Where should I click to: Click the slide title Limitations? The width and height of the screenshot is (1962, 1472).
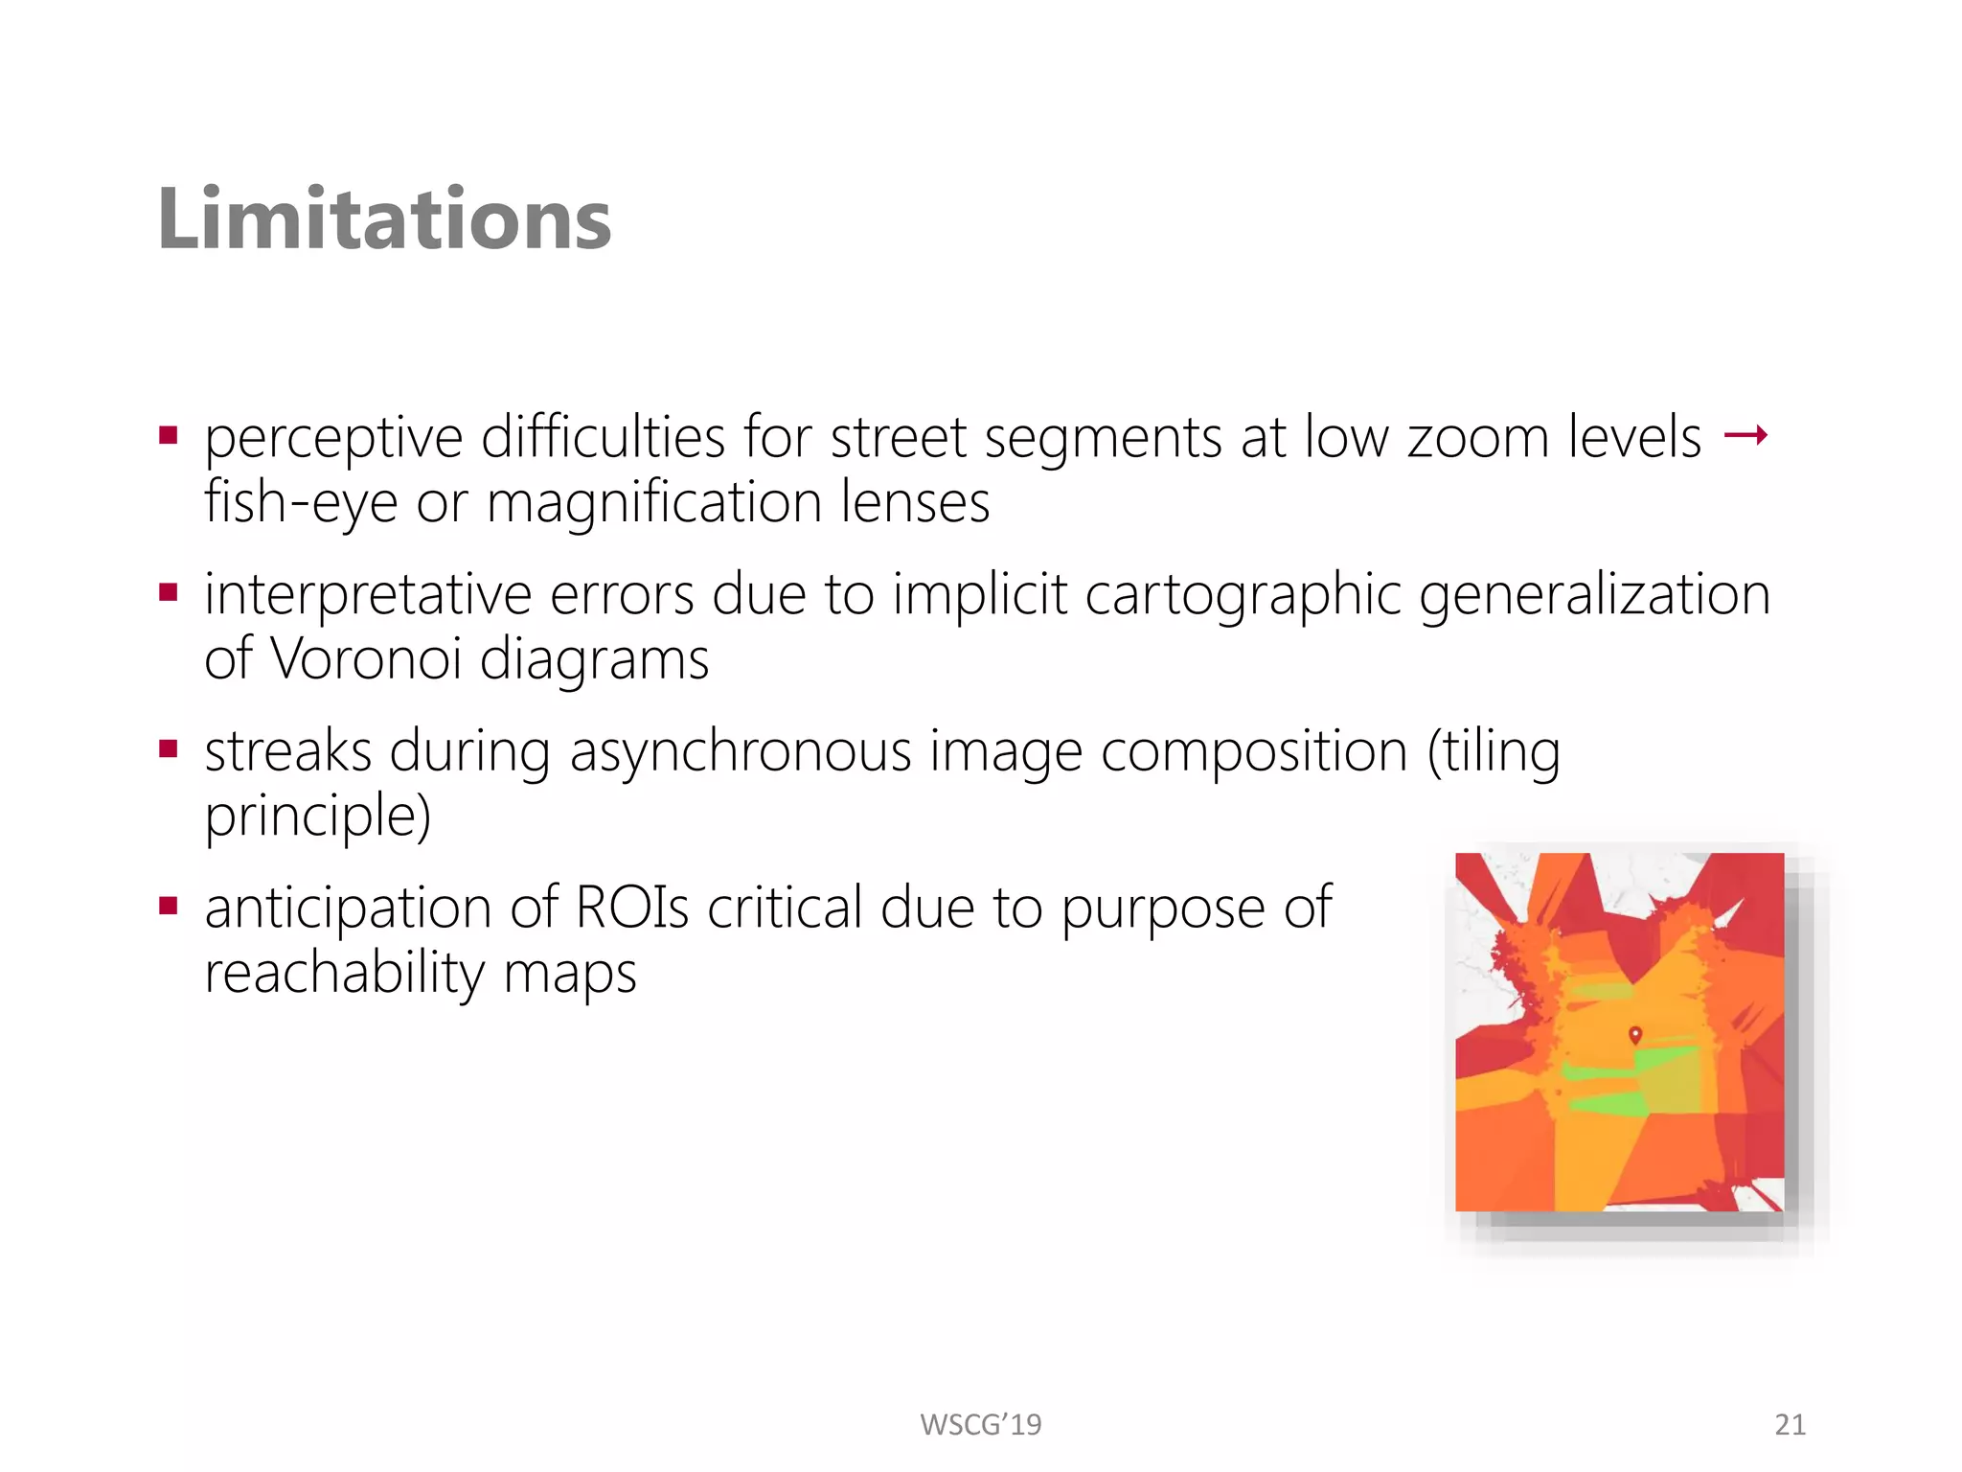click(384, 219)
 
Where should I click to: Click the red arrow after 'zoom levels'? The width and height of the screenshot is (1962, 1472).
click(1745, 437)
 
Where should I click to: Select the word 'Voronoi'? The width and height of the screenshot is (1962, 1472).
click(366, 659)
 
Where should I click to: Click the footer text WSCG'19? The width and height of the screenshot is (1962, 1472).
click(980, 1425)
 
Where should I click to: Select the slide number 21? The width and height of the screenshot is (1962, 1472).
click(1790, 1425)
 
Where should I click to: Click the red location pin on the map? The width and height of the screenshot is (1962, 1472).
click(1635, 1035)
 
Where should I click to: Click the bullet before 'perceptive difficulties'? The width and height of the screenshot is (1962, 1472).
click(170, 437)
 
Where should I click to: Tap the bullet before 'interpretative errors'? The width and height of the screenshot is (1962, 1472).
click(170, 593)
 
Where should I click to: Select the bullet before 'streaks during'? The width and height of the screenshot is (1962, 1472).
click(170, 749)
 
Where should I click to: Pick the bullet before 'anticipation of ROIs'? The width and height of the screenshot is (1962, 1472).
click(170, 906)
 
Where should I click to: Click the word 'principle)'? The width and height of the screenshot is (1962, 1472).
click(318, 816)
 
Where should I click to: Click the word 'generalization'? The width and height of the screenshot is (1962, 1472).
click(1594, 595)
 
